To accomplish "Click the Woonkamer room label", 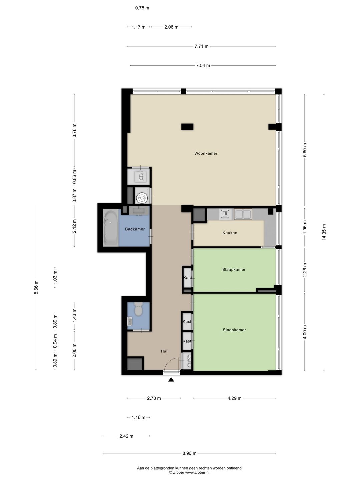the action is [206, 153].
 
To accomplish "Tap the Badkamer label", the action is [135, 229].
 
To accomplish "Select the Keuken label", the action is [230, 233].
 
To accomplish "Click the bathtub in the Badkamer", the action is [111, 228].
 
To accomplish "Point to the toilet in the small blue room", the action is [138, 309].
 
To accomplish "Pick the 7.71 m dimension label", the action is [201, 46].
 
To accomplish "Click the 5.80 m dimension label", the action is [305, 150].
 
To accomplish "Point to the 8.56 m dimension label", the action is [36, 287].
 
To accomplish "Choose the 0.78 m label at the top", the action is [142, 8].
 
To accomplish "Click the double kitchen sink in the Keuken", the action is [243, 214].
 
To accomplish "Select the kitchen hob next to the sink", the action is [225, 214].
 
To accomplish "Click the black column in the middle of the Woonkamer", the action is [187, 127].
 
